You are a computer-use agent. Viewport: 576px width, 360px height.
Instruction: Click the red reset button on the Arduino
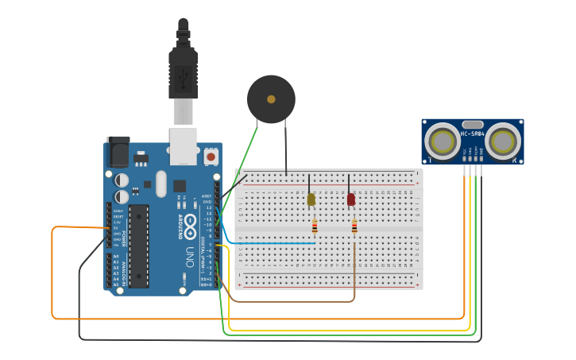(211, 157)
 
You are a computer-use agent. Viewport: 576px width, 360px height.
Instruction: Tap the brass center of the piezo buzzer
(271, 99)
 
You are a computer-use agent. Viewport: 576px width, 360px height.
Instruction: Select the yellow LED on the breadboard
(311, 199)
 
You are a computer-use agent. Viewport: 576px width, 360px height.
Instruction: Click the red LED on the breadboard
(351, 199)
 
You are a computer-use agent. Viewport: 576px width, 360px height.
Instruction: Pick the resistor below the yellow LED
(315, 226)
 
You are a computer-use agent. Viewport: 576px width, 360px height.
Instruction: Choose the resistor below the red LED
(354, 227)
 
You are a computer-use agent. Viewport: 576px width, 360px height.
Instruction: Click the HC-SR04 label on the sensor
(472, 134)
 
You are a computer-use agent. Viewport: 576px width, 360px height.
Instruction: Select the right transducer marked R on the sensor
(503, 141)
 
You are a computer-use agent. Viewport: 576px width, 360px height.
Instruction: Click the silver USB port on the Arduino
(184, 143)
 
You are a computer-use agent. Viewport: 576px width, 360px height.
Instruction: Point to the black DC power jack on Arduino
(118, 151)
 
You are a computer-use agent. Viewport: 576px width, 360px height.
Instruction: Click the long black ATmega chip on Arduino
(139, 246)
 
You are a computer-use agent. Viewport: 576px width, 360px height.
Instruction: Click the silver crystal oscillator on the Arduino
(161, 184)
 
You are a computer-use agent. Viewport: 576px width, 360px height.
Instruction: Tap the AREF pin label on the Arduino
(207, 195)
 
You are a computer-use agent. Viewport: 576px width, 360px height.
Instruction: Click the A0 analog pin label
(116, 257)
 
